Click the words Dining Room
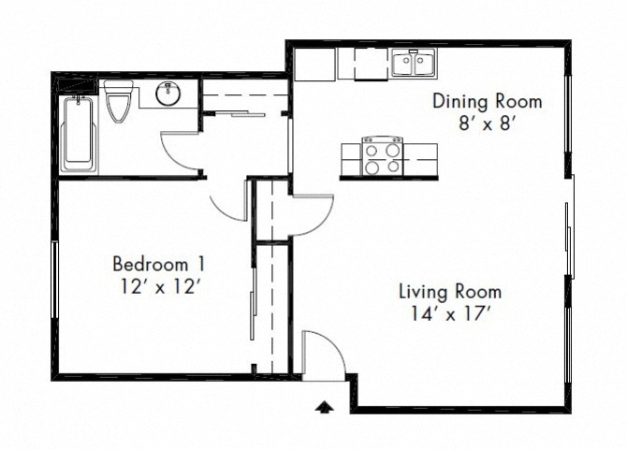tap(486, 101)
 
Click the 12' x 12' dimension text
tap(157, 287)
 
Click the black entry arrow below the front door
tap(325, 406)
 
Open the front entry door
tap(318, 355)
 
